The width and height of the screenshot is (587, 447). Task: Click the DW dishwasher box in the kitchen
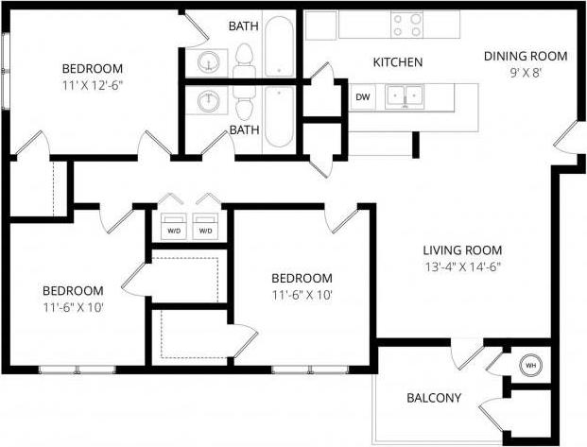362,96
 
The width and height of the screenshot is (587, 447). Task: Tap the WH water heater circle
530,365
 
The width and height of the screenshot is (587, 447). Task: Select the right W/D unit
205,230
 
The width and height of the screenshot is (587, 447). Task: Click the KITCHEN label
397,62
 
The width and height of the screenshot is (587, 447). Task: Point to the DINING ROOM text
525,56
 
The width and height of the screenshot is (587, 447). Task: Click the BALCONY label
434,398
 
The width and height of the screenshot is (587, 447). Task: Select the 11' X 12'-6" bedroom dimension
93,84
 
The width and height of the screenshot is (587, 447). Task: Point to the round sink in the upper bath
209,62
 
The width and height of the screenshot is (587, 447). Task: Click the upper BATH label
244,26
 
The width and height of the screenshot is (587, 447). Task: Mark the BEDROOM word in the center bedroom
302,278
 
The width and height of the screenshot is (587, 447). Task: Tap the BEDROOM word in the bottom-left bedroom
72,290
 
